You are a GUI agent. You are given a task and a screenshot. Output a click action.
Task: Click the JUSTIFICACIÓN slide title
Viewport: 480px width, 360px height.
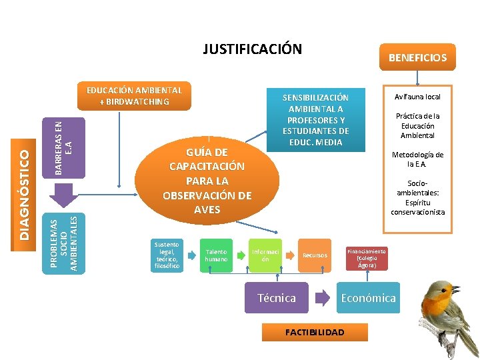point(252,49)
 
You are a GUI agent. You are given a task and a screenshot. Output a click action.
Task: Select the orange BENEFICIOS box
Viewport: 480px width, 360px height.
point(417,58)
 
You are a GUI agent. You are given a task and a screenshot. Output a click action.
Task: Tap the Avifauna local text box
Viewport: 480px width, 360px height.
point(417,97)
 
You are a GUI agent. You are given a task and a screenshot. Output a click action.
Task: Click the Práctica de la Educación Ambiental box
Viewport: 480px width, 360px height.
point(417,125)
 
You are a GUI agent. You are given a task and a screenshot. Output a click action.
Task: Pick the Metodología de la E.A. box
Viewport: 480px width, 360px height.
point(417,159)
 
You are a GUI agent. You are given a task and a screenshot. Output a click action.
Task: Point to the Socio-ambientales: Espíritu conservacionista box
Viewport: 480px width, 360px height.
point(417,197)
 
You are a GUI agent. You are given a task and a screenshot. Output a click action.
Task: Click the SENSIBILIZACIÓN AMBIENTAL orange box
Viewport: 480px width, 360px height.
point(315,120)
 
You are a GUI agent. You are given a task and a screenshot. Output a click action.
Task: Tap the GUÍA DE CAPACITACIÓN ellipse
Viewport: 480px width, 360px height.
point(207,180)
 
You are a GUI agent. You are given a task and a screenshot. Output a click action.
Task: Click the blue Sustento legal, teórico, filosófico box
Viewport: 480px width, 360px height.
point(167,255)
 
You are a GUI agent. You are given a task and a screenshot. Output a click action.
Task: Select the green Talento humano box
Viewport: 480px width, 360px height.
point(216,255)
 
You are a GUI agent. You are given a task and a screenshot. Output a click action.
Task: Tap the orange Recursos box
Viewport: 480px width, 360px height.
point(315,255)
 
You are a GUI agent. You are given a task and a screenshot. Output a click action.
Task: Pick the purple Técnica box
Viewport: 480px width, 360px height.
point(277,298)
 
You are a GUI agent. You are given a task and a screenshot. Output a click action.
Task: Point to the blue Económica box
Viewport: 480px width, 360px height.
point(368,298)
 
